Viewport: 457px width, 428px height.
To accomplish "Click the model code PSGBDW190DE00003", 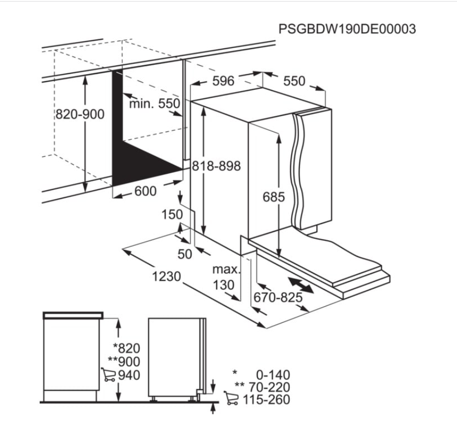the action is pos(347,29).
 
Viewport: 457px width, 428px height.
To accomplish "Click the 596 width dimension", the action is pos(223,81).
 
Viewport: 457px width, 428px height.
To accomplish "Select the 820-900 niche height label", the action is pos(80,114).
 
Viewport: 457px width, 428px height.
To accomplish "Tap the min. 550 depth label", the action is pos(154,104).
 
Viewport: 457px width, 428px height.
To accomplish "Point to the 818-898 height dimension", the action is pos(216,166).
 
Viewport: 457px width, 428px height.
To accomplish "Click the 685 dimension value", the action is pos(273,197).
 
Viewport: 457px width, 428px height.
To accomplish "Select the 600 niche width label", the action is pos(146,191).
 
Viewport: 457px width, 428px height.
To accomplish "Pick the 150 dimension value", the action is pos(172,215).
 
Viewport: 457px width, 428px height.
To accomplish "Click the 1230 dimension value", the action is pos(166,276).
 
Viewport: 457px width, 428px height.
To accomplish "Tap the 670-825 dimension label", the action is pos(278,298).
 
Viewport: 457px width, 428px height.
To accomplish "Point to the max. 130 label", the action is pos(225,277).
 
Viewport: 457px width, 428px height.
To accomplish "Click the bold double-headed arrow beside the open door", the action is pos(301,285).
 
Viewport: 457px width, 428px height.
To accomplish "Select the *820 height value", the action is pos(127,348).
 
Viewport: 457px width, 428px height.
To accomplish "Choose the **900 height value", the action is pos(124,362).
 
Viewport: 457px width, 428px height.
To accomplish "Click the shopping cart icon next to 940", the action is pos(108,375).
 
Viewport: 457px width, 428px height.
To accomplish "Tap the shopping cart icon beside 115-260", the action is pos(231,398).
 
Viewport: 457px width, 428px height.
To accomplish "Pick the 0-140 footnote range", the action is pos(273,375).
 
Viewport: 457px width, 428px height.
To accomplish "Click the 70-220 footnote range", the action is pos(270,387).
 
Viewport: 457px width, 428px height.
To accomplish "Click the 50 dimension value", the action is pos(185,254).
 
